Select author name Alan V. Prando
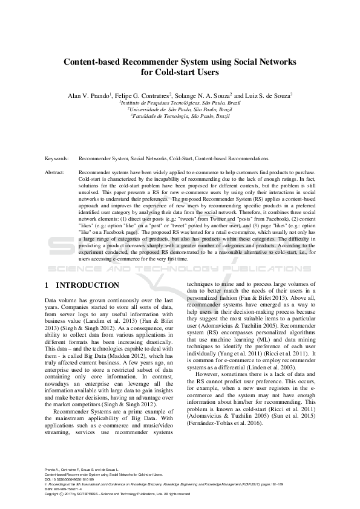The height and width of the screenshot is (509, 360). (88, 96)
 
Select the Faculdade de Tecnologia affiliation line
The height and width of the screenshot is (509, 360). (180, 118)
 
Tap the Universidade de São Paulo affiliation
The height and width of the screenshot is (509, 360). (180, 111)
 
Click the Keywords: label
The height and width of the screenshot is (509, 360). (57, 158)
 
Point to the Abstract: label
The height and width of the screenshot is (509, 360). (56, 172)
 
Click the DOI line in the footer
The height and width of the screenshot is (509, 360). (70, 481)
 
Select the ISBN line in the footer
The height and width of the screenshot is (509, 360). (64, 489)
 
